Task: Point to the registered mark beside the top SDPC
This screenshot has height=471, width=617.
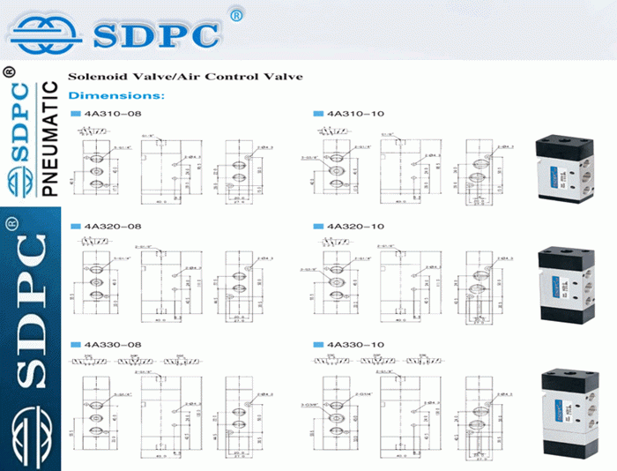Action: [235, 14]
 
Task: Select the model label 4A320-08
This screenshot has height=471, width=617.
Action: [111, 227]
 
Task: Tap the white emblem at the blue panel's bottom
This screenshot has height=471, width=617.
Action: [31, 437]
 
